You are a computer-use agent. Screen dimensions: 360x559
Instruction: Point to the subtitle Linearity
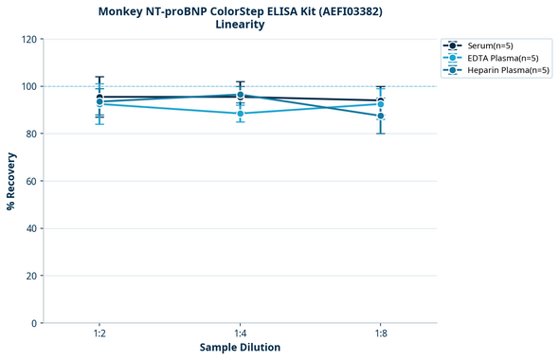(x=240, y=25)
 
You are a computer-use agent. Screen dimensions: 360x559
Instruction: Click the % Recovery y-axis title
(x=11, y=180)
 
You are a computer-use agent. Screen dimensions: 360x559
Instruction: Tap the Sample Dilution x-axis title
(x=240, y=348)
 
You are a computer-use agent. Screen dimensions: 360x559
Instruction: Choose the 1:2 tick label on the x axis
(x=99, y=334)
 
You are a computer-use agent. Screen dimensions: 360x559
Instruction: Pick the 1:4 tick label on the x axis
(x=240, y=334)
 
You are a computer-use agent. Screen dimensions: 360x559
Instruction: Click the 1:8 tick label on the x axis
(x=381, y=334)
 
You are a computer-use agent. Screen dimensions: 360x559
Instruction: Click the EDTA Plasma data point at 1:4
(x=241, y=114)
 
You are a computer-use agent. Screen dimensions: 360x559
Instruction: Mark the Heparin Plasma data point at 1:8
(x=381, y=116)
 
